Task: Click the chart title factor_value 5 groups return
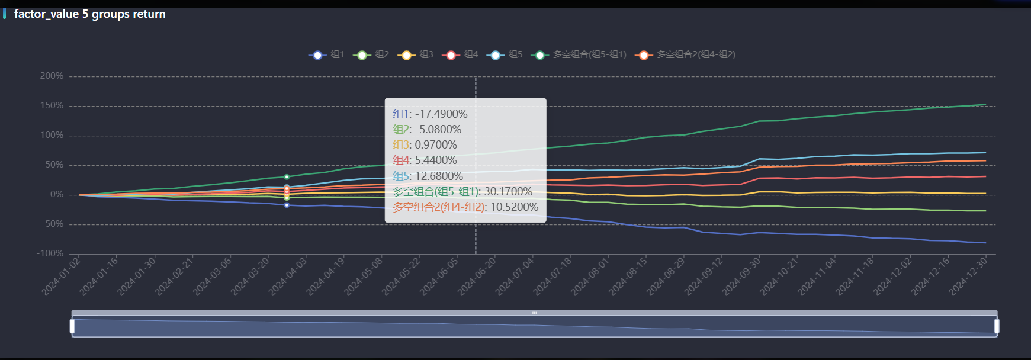coord(90,14)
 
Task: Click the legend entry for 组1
coord(326,55)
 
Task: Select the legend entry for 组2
coord(371,55)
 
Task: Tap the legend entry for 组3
coord(416,55)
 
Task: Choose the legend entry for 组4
coord(460,55)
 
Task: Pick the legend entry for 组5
coord(505,55)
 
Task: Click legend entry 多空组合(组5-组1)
coord(579,55)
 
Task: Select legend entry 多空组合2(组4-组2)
coord(685,55)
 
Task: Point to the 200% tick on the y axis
coord(52,76)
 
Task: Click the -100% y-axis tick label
coord(50,254)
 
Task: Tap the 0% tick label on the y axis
coord(57,195)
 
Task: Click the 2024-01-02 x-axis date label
coord(61,276)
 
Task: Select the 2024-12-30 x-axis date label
coord(968,276)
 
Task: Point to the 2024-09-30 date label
coord(741,276)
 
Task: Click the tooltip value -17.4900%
coord(441,114)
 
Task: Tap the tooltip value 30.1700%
coord(508,192)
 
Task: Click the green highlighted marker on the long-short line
coord(287,177)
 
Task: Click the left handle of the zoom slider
coord(72,326)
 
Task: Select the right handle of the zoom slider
coord(997,326)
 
